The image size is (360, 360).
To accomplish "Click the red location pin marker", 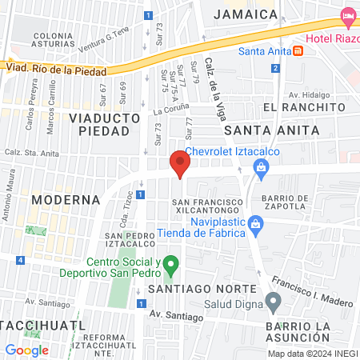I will click(181, 165).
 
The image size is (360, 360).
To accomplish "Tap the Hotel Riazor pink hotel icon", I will click(348, 15).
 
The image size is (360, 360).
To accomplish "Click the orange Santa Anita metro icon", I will click(298, 51).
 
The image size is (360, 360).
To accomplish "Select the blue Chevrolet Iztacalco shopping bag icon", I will click(260, 166).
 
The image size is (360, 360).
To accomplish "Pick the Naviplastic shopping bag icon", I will click(255, 222).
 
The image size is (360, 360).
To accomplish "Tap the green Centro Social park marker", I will click(170, 264).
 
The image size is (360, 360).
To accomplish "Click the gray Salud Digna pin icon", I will click(274, 302).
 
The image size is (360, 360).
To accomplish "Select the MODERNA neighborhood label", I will click(66, 199).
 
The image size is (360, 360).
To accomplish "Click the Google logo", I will click(26, 350).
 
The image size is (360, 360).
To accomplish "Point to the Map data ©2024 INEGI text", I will click(312, 354).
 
